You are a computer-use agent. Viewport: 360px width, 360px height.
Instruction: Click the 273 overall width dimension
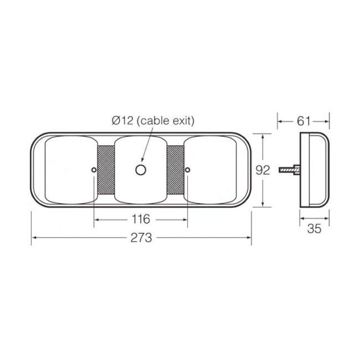(x=141, y=239)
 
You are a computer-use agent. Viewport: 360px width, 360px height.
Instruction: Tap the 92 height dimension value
(x=264, y=170)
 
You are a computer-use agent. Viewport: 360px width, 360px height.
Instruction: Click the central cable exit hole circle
(x=141, y=169)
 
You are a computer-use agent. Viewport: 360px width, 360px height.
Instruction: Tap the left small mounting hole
(x=94, y=169)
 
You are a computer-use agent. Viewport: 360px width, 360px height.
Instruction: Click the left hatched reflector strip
(x=105, y=169)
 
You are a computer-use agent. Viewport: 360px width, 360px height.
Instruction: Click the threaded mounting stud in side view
(x=290, y=169)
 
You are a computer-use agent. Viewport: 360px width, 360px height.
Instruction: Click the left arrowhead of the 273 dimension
(x=34, y=239)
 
